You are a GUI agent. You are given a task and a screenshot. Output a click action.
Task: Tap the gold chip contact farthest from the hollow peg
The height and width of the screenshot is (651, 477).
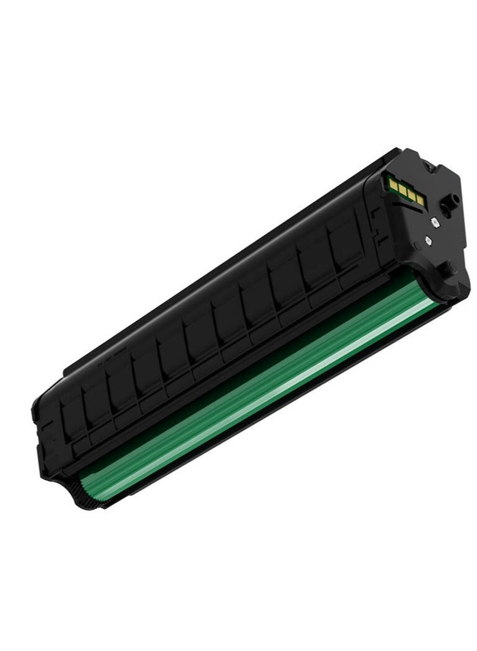coord(393,184)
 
